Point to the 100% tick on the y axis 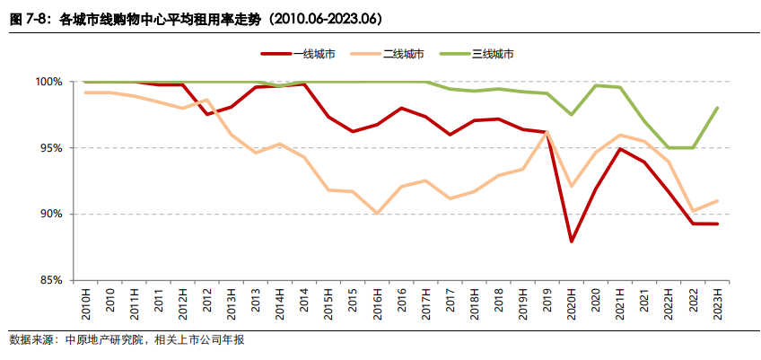pyautogui.click(x=48, y=82)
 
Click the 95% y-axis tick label pyautogui.click(x=50, y=148)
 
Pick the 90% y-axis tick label pyautogui.click(x=50, y=215)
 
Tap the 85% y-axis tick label pyautogui.click(x=50, y=281)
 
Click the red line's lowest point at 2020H pyautogui.click(x=572, y=241)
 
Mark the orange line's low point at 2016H pyautogui.click(x=377, y=214)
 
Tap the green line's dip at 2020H pyautogui.click(x=572, y=114)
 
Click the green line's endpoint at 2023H pyautogui.click(x=717, y=108)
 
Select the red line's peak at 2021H pyautogui.click(x=620, y=149)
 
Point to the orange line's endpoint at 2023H pyautogui.click(x=717, y=201)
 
